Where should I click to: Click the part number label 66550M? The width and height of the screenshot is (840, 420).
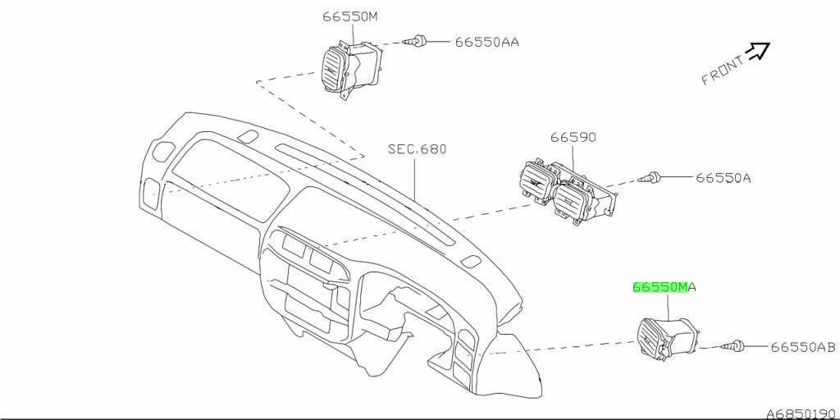coord(349,16)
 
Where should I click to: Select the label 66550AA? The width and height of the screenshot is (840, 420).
coord(487,42)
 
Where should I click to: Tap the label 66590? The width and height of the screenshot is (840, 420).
coord(573,137)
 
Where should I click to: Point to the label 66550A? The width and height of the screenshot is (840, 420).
coord(724,178)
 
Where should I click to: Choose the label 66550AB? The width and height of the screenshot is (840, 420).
coord(803,348)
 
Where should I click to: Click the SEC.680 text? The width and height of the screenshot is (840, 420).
coord(417,149)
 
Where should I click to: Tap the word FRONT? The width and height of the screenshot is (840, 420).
coord(723,71)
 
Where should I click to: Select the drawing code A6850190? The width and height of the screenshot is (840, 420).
coord(802,414)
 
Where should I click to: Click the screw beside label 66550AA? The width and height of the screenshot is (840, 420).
coord(418,40)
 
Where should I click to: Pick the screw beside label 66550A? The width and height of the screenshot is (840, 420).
coord(651,177)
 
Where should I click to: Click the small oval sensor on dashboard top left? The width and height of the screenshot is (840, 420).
coord(247,137)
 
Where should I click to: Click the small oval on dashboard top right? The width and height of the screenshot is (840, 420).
coord(470,262)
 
